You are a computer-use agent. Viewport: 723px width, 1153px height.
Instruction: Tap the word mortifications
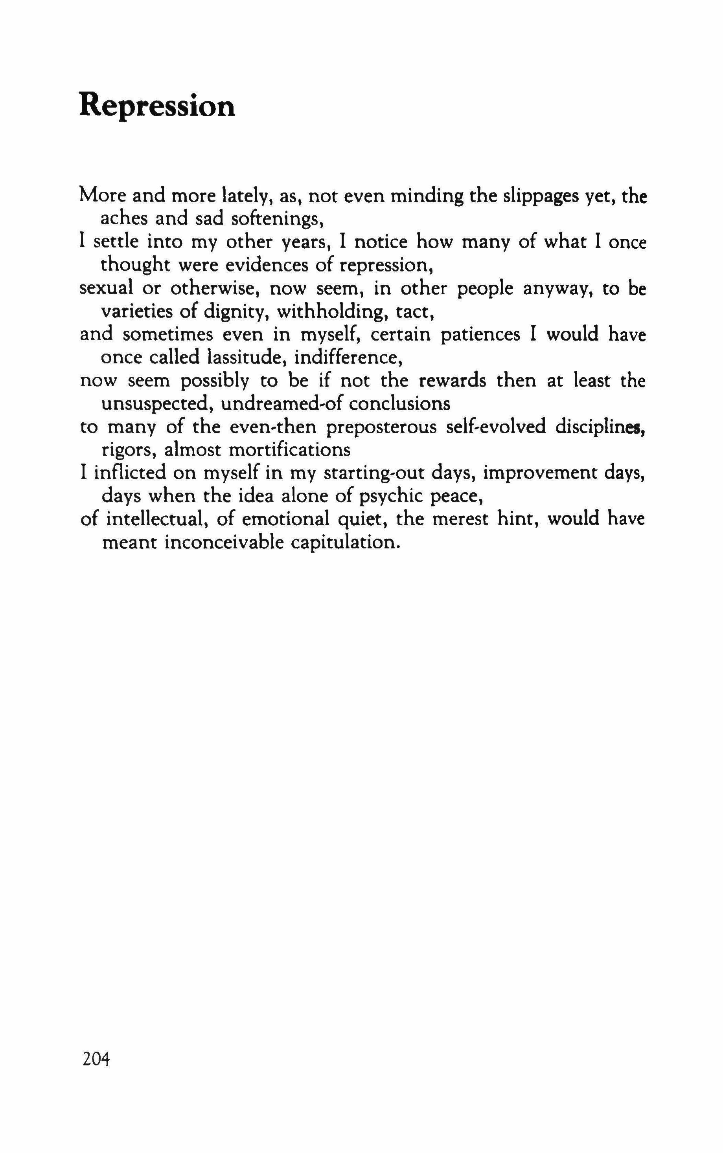(290, 450)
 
